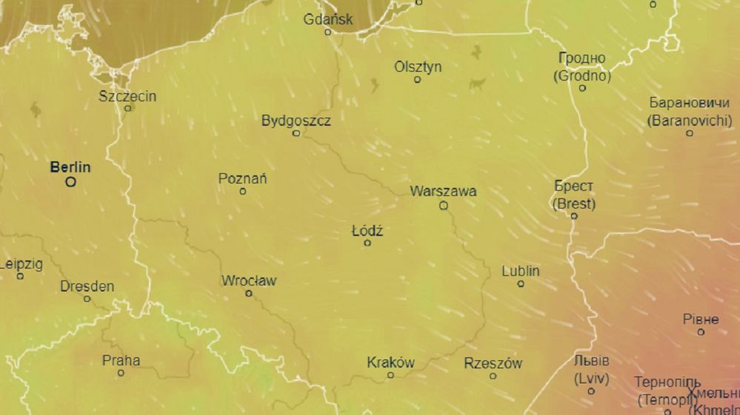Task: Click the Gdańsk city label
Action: (328, 19)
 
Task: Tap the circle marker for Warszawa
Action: (444, 206)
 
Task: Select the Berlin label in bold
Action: (70, 167)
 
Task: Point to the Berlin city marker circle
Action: (71, 181)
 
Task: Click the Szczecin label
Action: (127, 96)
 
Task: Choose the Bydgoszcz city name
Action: (296, 121)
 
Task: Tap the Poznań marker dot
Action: (243, 192)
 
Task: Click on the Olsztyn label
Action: (418, 67)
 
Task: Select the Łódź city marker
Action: (367, 243)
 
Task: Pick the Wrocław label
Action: (249, 281)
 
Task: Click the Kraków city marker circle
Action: (391, 375)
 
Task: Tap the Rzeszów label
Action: (493, 363)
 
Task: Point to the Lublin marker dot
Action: (521, 283)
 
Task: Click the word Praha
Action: (121, 361)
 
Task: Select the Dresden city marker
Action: (87, 299)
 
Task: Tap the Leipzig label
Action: (21, 264)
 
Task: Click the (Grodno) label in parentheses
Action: (582, 76)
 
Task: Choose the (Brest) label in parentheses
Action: (574, 203)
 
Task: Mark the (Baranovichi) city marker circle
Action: (690, 133)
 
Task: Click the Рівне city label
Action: (701, 320)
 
